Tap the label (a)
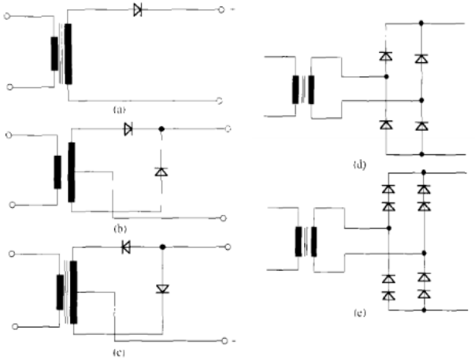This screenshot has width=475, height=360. (x=117, y=111)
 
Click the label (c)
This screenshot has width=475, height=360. (x=121, y=347)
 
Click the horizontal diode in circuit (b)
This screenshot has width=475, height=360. (x=128, y=128)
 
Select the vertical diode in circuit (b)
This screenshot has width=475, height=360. (x=161, y=171)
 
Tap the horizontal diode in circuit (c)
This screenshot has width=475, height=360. (x=126, y=247)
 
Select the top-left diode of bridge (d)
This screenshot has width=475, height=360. (x=386, y=56)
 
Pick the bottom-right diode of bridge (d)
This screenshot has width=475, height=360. (x=421, y=125)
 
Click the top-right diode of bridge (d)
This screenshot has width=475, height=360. (x=421, y=58)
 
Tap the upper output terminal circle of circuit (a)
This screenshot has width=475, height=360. (x=221, y=10)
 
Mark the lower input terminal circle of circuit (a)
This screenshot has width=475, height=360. (x=9, y=87)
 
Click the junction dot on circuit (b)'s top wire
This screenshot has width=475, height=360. (x=161, y=128)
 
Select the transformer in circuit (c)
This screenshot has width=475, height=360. (x=66, y=291)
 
